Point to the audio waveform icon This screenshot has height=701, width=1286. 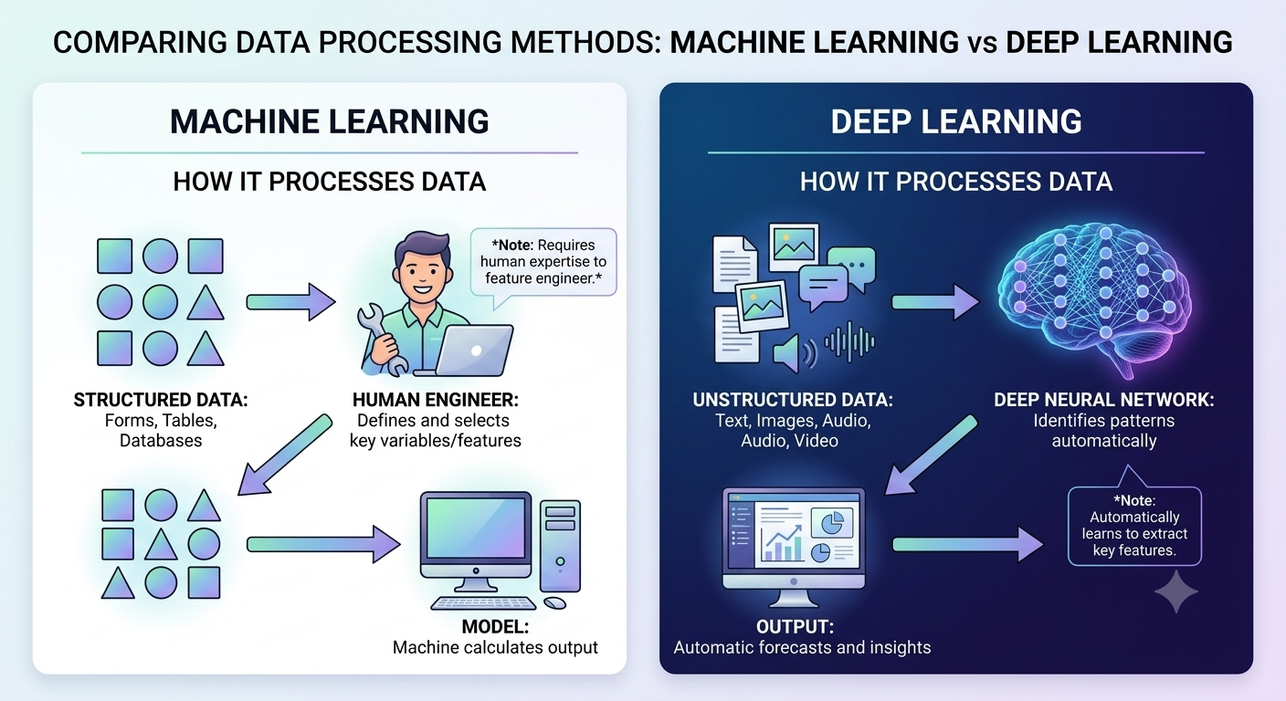coord(849,342)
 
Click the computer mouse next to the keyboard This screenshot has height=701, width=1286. coord(554,603)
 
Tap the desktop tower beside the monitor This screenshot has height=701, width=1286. coord(560,546)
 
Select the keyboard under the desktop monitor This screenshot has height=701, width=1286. coord(483,603)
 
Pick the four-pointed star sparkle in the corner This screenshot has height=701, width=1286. coord(1175,591)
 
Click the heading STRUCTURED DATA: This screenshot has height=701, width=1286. coord(161,400)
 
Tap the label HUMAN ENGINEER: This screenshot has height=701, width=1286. coord(435,400)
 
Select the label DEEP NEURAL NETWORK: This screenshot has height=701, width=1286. coord(1104,400)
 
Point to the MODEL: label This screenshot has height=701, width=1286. coord(495,626)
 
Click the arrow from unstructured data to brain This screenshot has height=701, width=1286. coord(935,302)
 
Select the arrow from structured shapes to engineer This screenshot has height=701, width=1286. coord(291,302)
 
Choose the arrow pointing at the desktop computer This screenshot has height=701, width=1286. coord(323,544)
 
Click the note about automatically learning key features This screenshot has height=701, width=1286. coord(1134,526)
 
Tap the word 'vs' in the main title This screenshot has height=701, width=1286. coord(982,43)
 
